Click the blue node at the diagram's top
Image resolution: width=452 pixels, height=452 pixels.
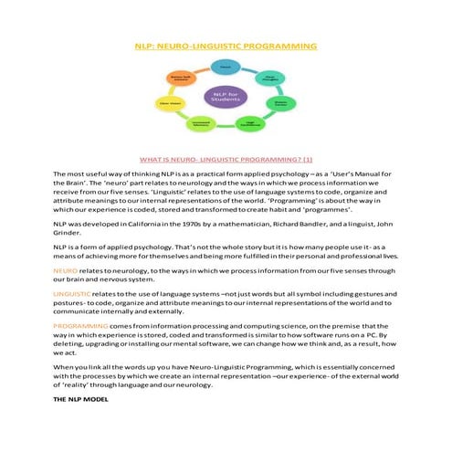pyautogui.click(x=225, y=66)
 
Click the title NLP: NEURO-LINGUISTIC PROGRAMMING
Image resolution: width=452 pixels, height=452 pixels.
pyautogui.click(x=226, y=45)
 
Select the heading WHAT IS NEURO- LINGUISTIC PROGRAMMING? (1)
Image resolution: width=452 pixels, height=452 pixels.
pyautogui.click(x=225, y=157)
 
